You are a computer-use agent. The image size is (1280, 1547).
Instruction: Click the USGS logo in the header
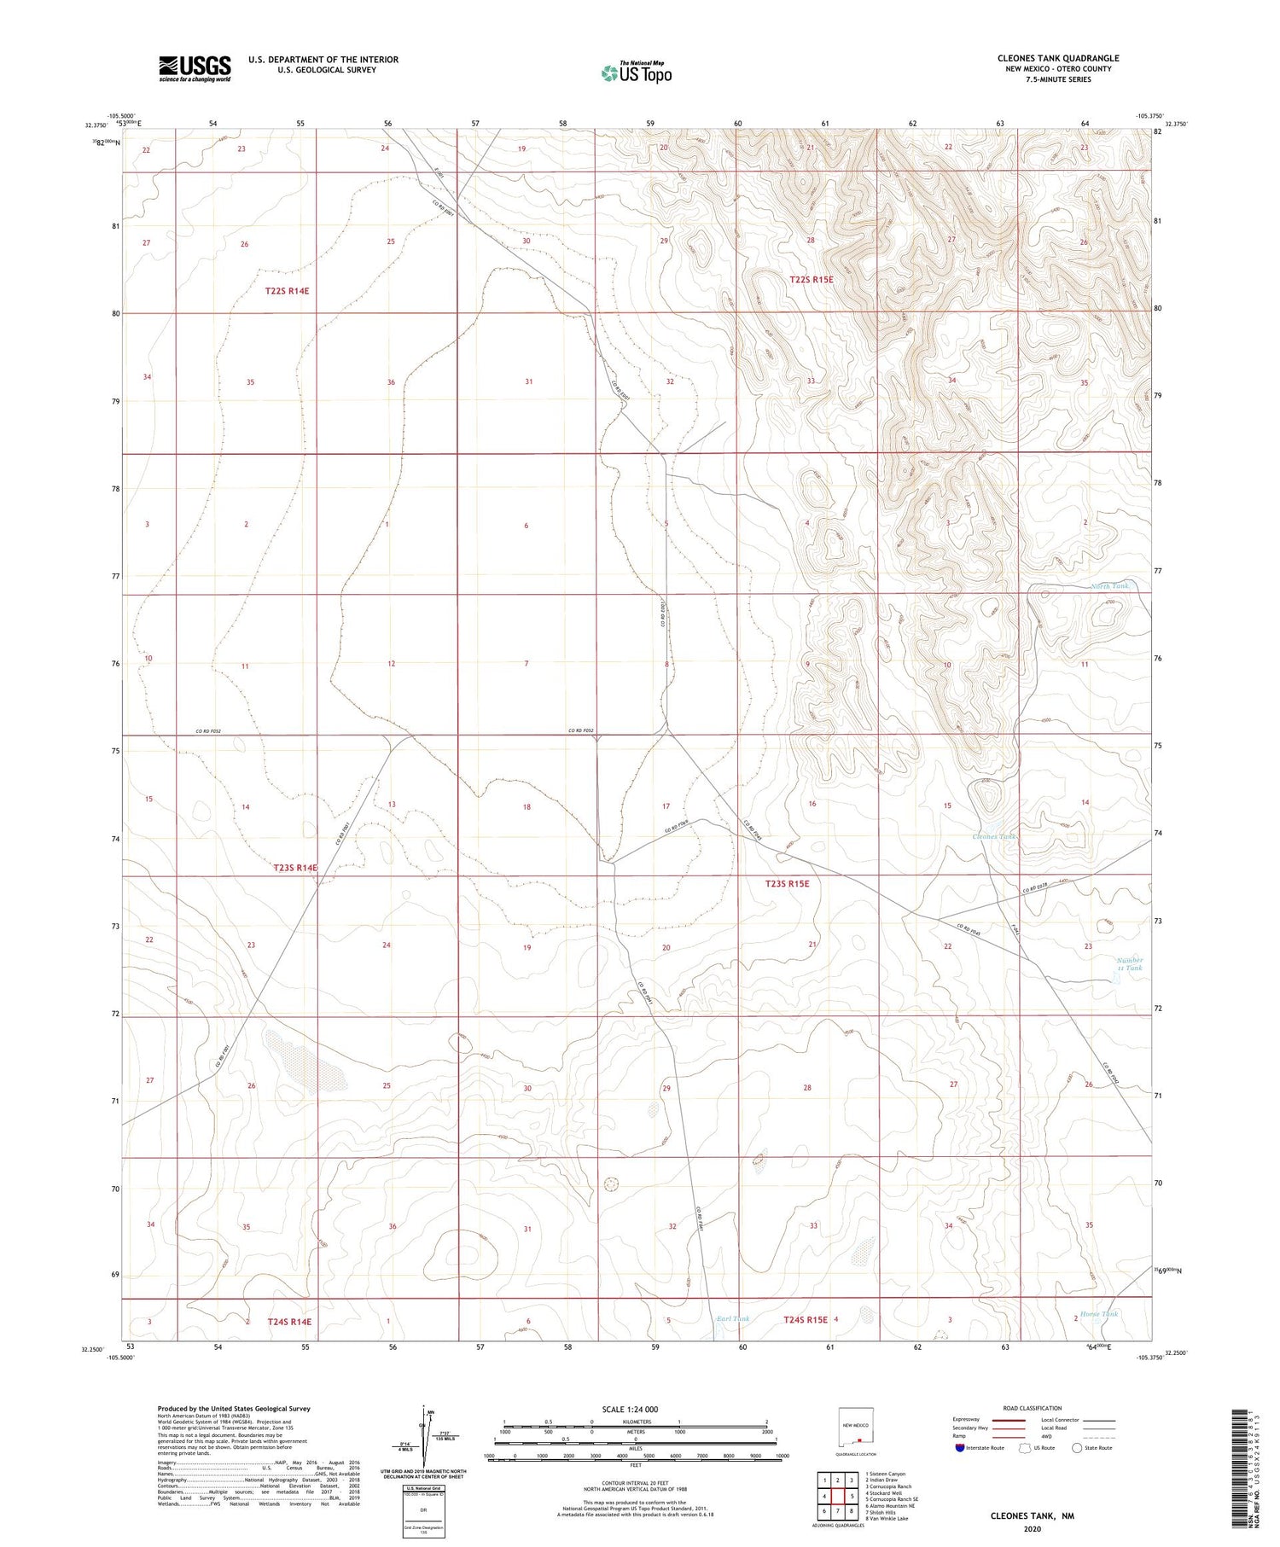tap(195, 68)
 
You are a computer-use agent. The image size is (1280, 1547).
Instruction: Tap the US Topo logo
tap(637, 73)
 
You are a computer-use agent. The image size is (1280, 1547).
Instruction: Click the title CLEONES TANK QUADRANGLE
tap(1058, 58)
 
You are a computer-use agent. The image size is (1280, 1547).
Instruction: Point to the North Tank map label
tap(1110, 586)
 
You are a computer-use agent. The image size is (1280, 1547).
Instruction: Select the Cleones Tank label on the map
tap(994, 836)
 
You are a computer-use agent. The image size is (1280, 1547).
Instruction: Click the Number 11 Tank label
tap(1130, 963)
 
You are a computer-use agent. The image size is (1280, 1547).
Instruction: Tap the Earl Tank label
tap(733, 1318)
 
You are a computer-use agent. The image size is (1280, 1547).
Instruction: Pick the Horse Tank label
tap(1098, 1313)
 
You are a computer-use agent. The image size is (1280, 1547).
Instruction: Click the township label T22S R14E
tap(287, 291)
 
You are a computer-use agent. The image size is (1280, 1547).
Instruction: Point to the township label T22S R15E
tap(811, 279)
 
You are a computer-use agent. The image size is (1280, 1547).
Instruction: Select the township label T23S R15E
tap(787, 883)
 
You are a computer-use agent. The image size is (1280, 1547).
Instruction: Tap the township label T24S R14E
tap(289, 1322)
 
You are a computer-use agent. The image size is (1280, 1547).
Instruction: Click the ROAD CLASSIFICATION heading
tap(1033, 1408)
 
